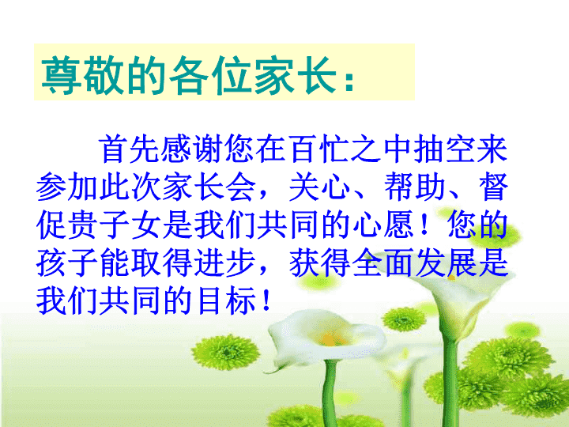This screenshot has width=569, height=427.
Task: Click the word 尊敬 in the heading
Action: (x=81, y=75)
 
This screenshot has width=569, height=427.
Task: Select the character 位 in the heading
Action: (x=231, y=75)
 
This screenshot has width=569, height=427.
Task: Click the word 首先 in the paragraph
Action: (x=130, y=149)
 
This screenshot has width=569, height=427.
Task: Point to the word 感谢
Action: (x=193, y=149)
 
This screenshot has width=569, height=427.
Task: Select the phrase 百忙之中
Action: (x=319, y=149)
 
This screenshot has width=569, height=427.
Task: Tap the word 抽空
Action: (x=445, y=149)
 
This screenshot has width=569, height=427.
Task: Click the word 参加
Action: (x=67, y=187)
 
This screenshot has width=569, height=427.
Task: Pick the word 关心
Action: (x=319, y=187)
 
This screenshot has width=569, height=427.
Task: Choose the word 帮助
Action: (x=414, y=187)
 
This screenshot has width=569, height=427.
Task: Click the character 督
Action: (x=493, y=187)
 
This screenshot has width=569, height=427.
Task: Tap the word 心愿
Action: (x=382, y=225)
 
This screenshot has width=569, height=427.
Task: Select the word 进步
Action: (x=224, y=263)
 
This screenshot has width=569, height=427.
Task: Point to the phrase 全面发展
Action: (x=414, y=263)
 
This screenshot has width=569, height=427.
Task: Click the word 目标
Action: (x=224, y=300)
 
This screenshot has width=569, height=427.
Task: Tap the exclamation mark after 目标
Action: (x=266, y=300)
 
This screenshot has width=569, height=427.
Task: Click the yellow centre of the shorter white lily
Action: (x=331, y=340)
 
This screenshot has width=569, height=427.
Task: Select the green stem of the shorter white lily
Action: (x=330, y=393)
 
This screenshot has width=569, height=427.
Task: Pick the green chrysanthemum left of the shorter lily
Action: (x=226, y=351)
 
